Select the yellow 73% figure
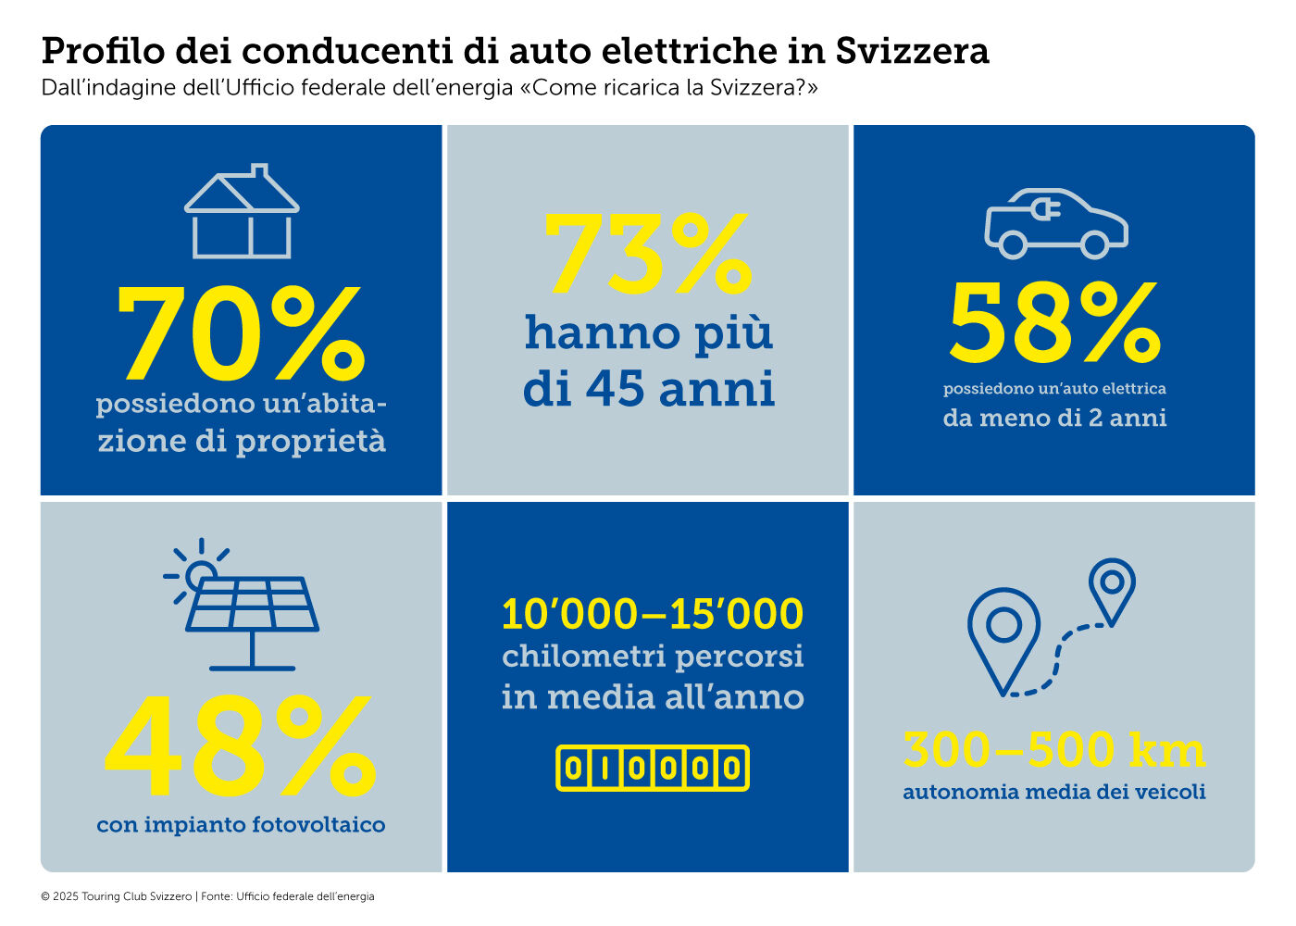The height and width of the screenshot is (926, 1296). pyautogui.click(x=647, y=253)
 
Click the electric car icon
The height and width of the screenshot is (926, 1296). pyautogui.click(x=1055, y=223)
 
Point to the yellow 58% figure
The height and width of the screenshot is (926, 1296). pyautogui.click(x=1054, y=323)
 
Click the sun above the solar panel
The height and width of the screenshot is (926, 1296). pyautogui.click(x=198, y=574)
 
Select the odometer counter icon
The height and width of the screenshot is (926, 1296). pyautogui.click(x=652, y=768)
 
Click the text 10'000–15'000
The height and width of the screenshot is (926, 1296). pyautogui.click(x=653, y=614)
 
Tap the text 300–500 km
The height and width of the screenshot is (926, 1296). pyautogui.click(x=1054, y=750)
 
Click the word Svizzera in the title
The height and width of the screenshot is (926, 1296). pyautogui.click(x=912, y=51)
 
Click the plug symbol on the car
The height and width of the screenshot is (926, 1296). pyautogui.click(x=1047, y=210)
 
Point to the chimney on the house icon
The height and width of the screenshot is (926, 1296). pyautogui.click(x=260, y=173)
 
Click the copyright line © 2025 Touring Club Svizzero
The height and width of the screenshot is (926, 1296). pyautogui.click(x=116, y=896)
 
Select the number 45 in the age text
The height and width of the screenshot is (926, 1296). pyautogui.click(x=615, y=388)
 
